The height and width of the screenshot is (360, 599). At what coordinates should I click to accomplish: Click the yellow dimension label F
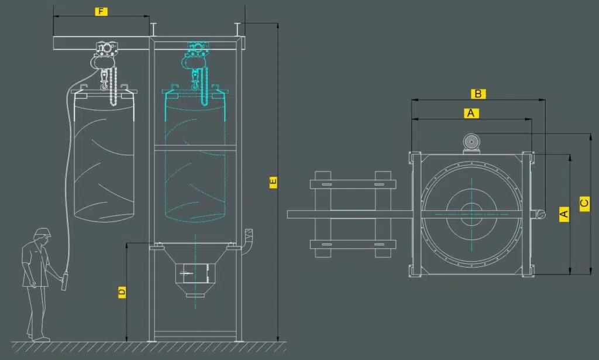[x=101, y=12]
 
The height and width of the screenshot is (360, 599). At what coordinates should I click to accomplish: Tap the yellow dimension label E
[x=273, y=182]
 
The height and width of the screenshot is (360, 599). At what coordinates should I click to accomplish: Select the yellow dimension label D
[x=122, y=292]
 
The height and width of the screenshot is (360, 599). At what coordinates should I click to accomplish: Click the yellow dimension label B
[x=478, y=94]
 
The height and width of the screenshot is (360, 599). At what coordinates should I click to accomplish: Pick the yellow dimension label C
[x=584, y=203]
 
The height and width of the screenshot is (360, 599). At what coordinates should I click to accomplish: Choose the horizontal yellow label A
[x=471, y=113]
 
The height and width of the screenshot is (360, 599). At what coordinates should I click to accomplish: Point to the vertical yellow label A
[x=564, y=214]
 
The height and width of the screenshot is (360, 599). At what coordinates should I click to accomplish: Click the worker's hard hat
[x=42, y=232]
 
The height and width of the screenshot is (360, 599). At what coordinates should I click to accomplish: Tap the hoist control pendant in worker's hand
[x=64, y=281]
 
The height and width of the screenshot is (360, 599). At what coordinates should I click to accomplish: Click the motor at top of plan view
[x=471, y=143]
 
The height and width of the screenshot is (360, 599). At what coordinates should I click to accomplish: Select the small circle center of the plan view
[x=471, y=214]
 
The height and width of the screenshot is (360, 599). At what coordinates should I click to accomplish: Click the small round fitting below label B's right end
[x=541, y=214]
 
